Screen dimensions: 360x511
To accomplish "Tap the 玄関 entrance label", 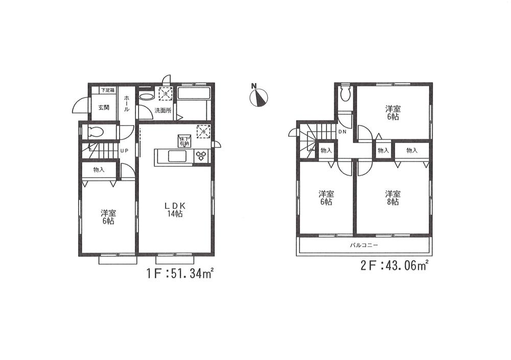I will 104,107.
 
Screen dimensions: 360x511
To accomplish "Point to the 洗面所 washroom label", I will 164,110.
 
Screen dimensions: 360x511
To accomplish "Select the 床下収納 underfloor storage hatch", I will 183,141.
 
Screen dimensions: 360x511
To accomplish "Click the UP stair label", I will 124,151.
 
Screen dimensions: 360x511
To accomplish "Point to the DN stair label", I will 343,132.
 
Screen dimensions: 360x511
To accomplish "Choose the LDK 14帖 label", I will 173,210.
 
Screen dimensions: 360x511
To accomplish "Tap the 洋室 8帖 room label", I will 392,198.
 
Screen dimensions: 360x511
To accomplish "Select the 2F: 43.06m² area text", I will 391,266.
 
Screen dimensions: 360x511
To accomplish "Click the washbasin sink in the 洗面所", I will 146,96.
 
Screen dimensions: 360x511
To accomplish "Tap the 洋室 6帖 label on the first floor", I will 107,217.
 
